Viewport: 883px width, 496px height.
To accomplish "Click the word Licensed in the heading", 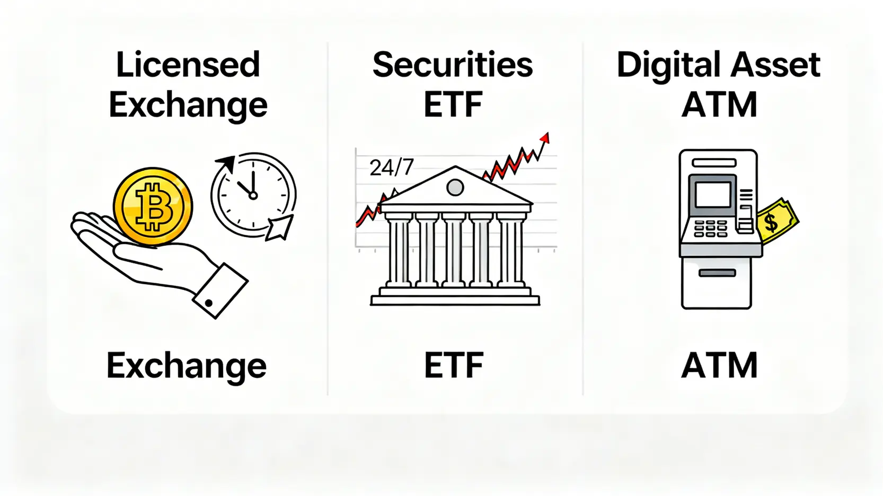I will click(188, 65).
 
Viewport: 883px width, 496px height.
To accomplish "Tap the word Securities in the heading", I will click(453, 65).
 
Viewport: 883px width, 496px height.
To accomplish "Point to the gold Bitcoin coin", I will click(153, 206).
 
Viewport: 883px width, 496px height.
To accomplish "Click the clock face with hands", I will click(253, 194).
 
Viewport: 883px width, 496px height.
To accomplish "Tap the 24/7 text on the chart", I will click(391, 168).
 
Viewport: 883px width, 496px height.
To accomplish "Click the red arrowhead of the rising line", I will click(544, 138).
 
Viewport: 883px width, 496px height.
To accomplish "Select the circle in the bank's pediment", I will click(455, 187).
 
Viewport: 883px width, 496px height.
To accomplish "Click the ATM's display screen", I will click(712, 194).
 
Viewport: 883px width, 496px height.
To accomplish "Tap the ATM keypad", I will click(711, 229).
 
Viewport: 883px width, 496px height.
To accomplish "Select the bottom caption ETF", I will click(454, 365).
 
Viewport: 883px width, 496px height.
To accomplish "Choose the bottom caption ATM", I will click(719, 365).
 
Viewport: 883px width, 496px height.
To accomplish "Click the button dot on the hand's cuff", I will click(209, 303).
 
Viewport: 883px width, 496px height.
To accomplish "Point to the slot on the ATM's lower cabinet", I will click(717, 273).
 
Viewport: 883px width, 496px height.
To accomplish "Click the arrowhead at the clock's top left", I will click(227, 163).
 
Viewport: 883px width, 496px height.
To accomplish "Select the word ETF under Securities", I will click(453, 105).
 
